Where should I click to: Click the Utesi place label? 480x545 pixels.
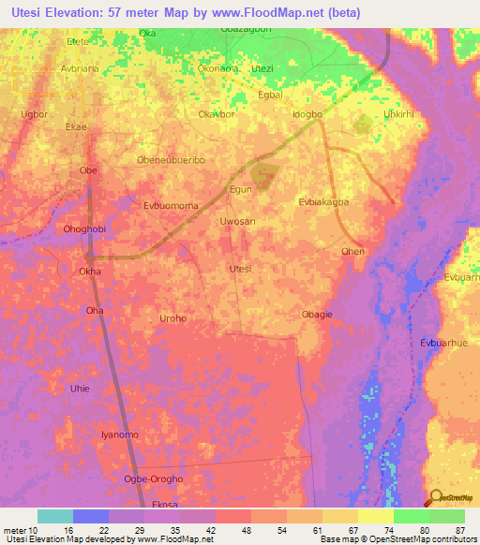click(241, 269)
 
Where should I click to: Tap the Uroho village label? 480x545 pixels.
click(173, 318)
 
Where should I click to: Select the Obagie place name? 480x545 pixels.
click(317, 315)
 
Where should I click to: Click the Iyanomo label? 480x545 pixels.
click(119, 435)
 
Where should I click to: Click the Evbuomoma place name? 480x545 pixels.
click(171, 203)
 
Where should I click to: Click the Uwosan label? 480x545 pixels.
click(236, 222)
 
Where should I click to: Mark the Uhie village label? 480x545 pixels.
click(80, 388)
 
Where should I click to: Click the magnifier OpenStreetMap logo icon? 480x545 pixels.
click(436, 497)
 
